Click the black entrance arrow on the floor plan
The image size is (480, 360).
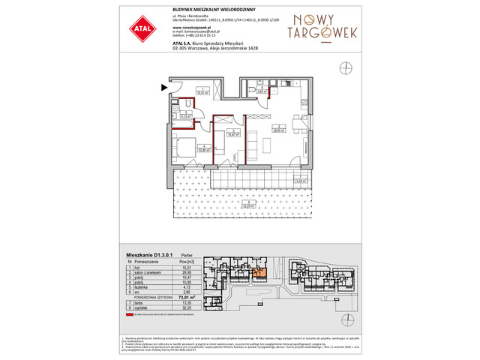click(163, 88)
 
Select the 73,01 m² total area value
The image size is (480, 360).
click(184, 296)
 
